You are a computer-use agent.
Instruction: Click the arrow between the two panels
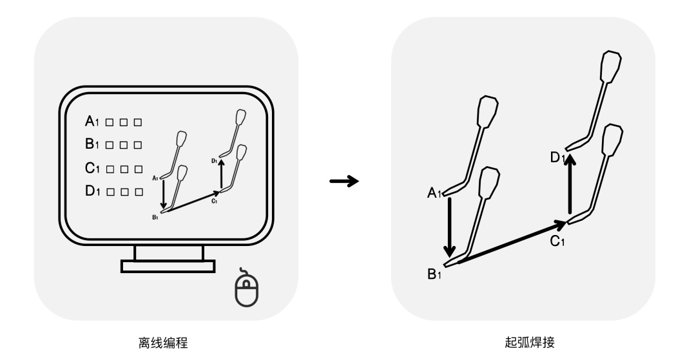tap(343, 182)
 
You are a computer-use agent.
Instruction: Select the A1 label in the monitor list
tap(93, 121)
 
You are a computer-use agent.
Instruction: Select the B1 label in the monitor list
tap(93, 145)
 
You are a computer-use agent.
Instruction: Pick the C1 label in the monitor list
tap(93, 169)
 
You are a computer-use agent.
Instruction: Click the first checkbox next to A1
tap(110, 122)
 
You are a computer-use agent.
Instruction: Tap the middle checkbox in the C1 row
tap(123, 169)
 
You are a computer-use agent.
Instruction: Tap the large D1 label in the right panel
tap(557, 156)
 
